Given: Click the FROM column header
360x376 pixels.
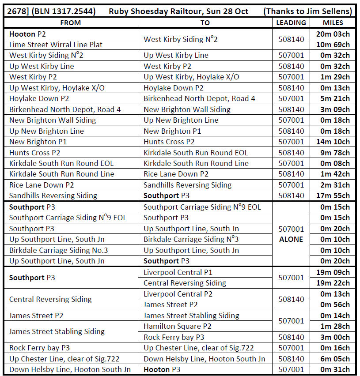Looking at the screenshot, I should click(71, 23).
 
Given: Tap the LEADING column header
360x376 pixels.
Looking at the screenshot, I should click(291, 23).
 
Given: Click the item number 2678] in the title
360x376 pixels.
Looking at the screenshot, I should click(19, 11).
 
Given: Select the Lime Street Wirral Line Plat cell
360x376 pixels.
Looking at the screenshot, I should click(56, 45).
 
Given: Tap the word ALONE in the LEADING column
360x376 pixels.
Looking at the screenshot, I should click(291, 239).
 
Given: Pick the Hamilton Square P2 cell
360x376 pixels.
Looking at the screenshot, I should click(178, 326).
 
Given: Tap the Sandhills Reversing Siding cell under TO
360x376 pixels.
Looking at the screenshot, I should click(187, 185).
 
